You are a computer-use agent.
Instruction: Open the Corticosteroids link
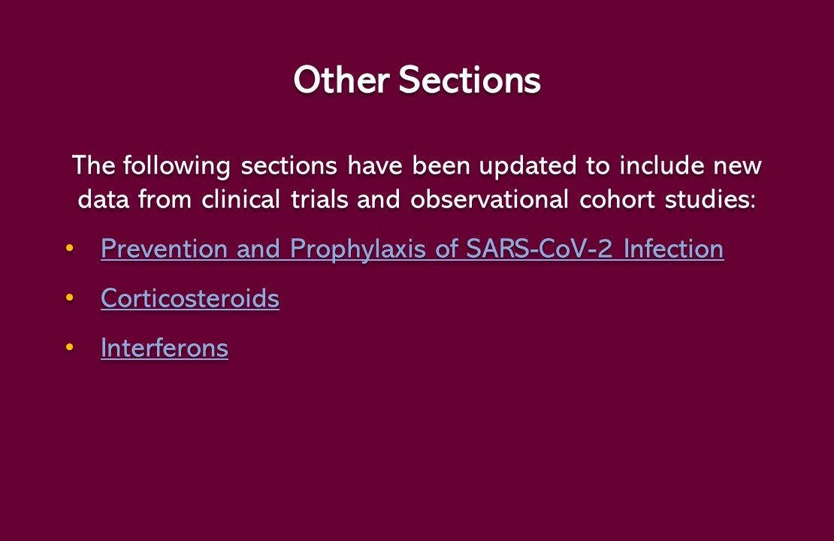coord(190,298)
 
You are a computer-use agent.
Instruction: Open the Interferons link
coord(165,348)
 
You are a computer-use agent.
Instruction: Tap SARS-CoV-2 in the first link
coord(540,249)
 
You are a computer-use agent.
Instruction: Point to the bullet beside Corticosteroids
coord(70,298)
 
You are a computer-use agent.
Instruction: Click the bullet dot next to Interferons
coord(70,348)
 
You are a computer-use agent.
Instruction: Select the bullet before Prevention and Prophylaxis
coord(70,249)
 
